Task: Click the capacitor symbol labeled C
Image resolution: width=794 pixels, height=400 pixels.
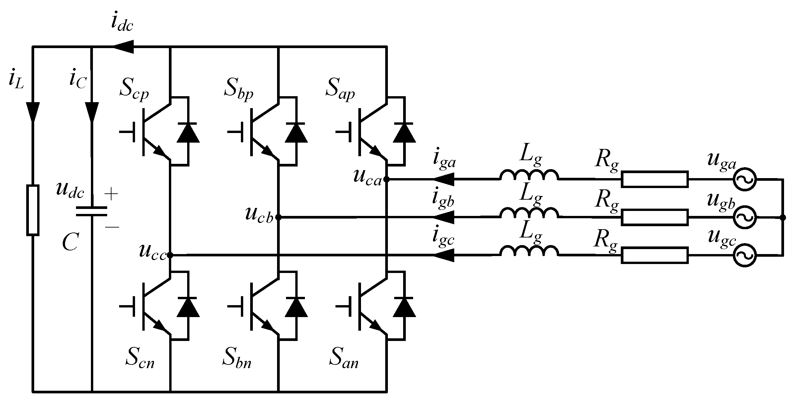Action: point(92,211)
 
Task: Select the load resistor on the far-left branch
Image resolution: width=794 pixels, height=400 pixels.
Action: point(33,210)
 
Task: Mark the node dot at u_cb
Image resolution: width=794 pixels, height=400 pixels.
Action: point(278,217)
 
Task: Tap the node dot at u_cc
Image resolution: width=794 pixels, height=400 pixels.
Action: point(170,255)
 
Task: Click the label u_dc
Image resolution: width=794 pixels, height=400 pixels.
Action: point(70,191)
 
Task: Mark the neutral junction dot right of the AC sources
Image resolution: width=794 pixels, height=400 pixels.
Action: point(783,217)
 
